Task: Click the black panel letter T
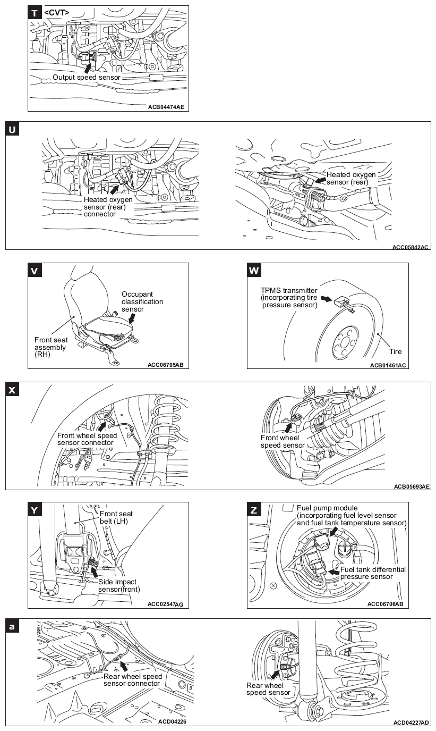tap(35, 13)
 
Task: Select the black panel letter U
tap(12, 129)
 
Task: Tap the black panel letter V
tap(35, 271)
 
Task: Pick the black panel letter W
tap(254, 271)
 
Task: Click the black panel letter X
tap(12, 389)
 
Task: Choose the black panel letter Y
tap(35, 510)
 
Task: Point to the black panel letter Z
tap(254, 510)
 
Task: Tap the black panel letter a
tap(12, 626)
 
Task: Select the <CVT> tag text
tap(57, 12)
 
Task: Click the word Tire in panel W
tap(395, 351)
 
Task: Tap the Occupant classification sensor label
tap(142, 301)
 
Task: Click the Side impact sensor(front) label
tap(119, 585)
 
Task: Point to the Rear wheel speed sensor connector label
tap(132, 679)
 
